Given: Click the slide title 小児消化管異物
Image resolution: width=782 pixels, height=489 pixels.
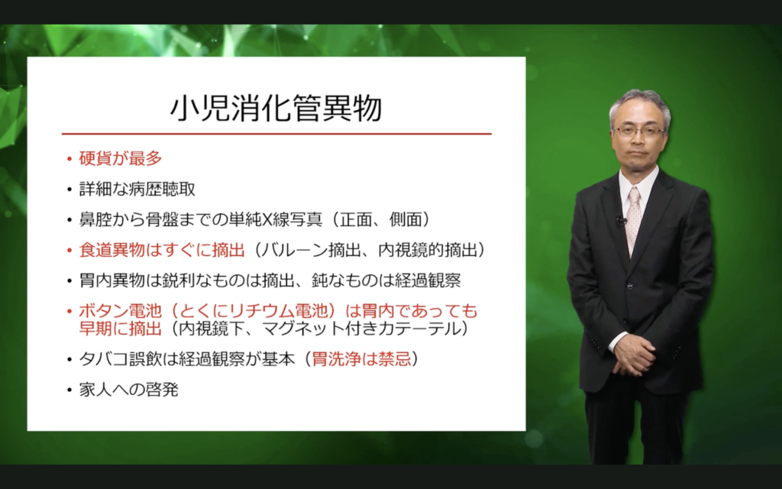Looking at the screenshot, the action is (276, 108).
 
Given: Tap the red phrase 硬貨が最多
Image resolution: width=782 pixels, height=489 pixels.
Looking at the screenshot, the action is (121, 158).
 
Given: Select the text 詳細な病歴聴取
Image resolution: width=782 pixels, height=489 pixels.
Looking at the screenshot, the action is (137, 189).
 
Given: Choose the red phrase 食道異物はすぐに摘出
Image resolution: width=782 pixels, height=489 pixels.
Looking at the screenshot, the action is (162, 250).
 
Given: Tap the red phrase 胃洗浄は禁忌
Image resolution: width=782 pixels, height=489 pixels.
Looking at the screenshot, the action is (361, 359).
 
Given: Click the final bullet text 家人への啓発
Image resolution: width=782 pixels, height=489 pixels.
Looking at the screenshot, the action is (128, 389).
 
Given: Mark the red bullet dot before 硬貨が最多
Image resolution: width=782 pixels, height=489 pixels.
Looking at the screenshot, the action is (69, 159).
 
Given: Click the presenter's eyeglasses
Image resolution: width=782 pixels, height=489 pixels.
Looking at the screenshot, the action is (638, 132).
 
